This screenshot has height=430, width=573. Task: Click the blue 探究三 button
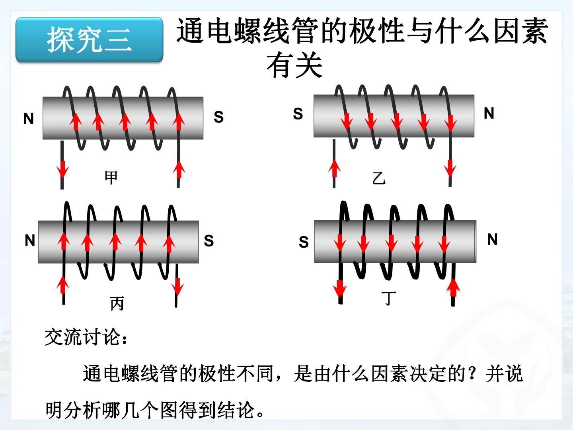point(89,40)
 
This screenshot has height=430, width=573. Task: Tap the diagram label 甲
point(111,178)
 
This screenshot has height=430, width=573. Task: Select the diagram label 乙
point(379,178)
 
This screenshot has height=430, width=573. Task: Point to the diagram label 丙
point(117,303)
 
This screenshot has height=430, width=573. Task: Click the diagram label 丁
point(389,299)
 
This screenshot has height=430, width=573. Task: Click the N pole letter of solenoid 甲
point(29,119)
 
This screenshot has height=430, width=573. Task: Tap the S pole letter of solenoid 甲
point(218,117)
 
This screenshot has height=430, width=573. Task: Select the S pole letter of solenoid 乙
point(298,113)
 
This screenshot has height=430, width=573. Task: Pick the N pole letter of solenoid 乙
point(489,113)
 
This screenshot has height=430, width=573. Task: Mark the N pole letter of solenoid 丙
point(30,240)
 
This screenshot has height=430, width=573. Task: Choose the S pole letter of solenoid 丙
point(209,240)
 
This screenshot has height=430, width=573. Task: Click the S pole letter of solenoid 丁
point(304,242)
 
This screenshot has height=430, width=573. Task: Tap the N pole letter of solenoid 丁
point(492,239)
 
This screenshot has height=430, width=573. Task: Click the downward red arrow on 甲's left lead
point(62,170)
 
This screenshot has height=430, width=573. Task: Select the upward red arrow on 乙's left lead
point(334,168)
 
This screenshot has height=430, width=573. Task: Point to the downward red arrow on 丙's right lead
point(177,287)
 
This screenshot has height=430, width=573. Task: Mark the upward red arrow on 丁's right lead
point(453,288)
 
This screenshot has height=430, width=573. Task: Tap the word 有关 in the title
point(294,64)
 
